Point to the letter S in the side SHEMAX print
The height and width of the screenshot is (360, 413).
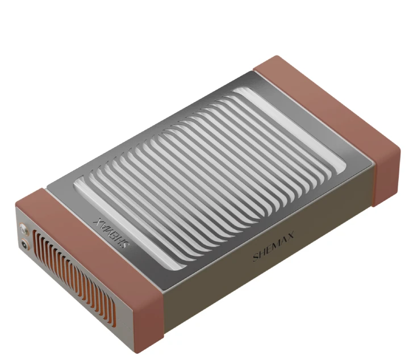(x=256, y=258)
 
